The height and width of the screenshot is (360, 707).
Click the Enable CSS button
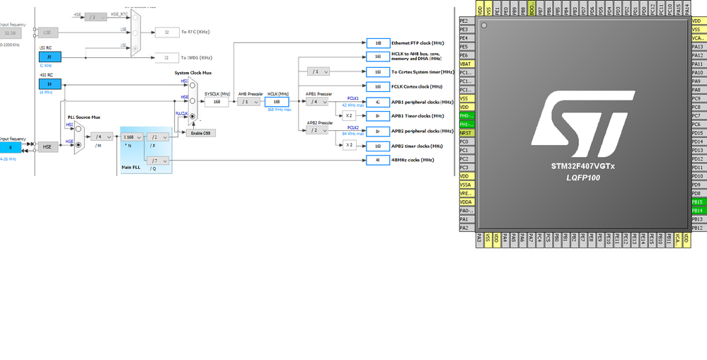coord(200,133)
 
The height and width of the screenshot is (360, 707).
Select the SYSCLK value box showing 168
coord(217,102)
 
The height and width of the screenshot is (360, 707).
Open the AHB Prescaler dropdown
coord(249,102)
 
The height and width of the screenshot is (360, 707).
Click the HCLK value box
coord(277,102)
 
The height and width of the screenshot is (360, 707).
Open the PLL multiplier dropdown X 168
coord(132,137)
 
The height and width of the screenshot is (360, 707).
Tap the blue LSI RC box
coord(50,57)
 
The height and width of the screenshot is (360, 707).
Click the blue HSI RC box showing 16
coord(50,83)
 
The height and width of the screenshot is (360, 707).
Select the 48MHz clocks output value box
coord(378,160)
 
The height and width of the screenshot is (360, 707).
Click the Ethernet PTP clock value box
coord(378,43)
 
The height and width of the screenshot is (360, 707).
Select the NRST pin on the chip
coord(466,133)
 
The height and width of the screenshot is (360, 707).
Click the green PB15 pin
coord(697,202)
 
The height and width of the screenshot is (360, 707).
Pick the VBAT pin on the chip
coord(466,64)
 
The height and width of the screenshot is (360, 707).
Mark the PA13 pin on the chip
coord(697,47)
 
